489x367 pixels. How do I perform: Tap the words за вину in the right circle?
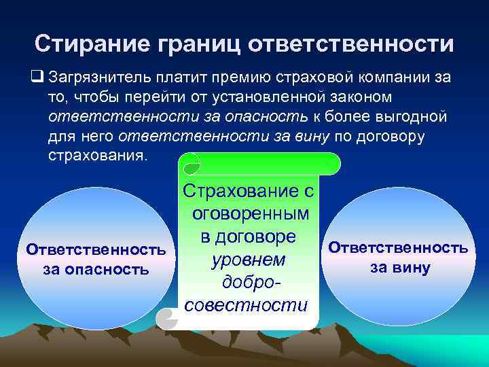pos(399,268)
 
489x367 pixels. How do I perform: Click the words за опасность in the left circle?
pos(95,269)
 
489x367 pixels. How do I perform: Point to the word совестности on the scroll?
pos(246,304)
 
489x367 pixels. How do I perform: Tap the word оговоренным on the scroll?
pos(251,214)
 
